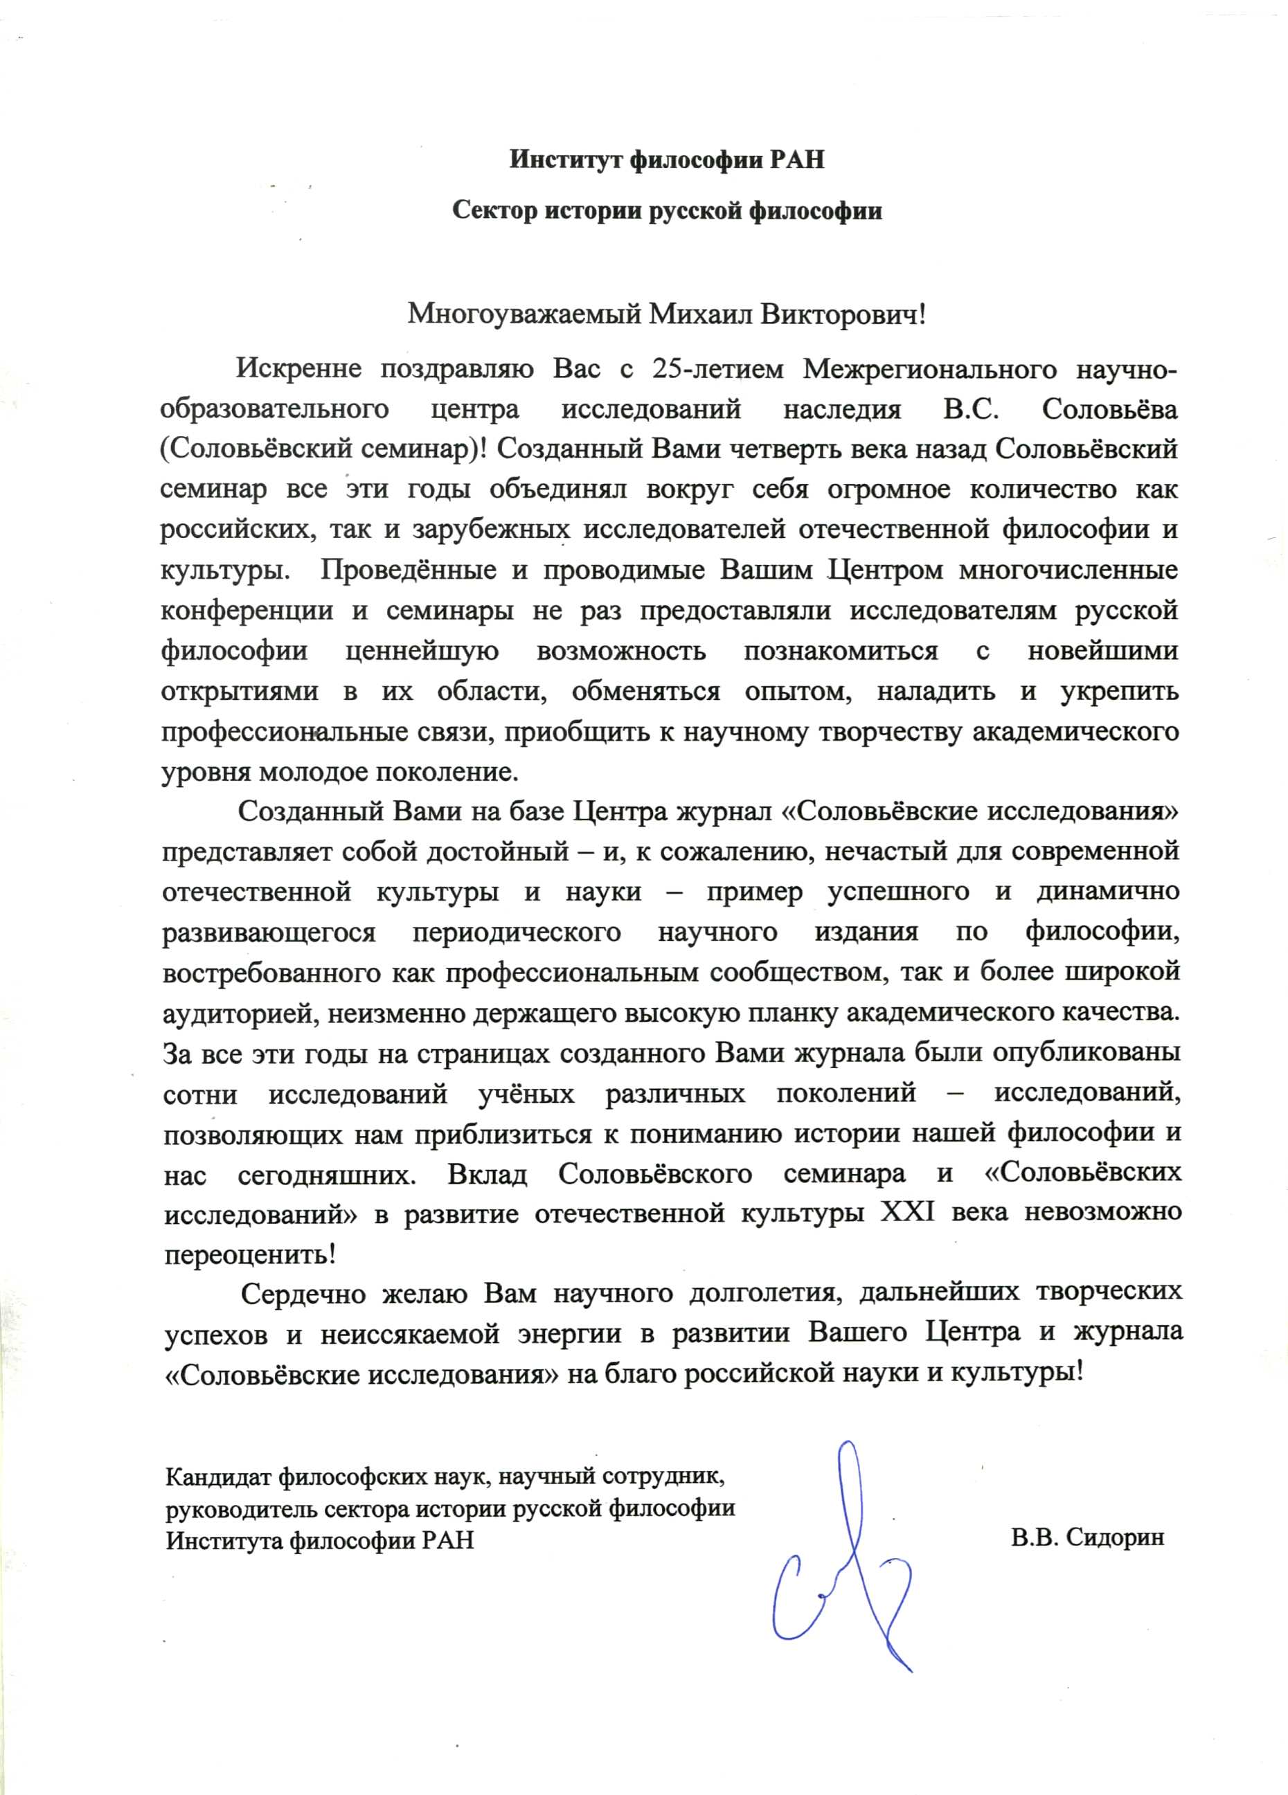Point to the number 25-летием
point(719,369)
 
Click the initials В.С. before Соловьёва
point(972,409)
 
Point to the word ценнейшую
point(422,651)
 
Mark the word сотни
point(200,1094)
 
